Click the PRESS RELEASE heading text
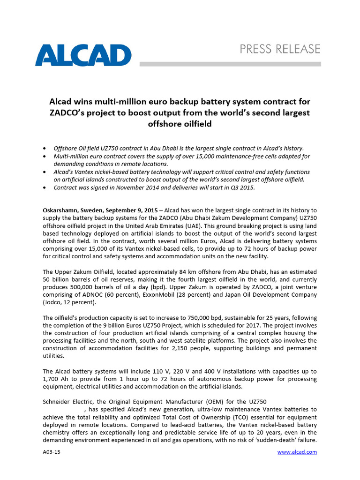pyautogui.click(x=280, y=49)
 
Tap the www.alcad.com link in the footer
pyautogui.click(x=297, y=452)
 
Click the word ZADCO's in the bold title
pyautogui.click(x=71, y=112)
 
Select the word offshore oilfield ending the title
pyautogui.click(x=180, y=124)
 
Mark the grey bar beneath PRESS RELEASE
pyautogui.click(x=230, y=64)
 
